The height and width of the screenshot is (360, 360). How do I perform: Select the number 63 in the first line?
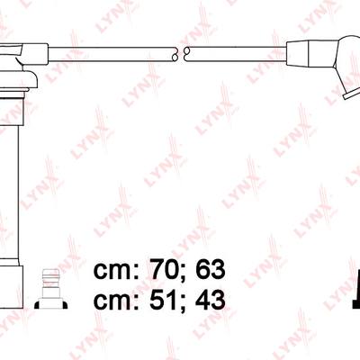210,269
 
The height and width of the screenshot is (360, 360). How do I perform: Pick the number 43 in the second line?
210,300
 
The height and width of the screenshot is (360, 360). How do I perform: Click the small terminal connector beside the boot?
50,289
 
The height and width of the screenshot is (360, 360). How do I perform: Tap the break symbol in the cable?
180,54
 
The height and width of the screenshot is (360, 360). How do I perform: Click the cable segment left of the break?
112,54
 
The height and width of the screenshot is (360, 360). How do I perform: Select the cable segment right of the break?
236,54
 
